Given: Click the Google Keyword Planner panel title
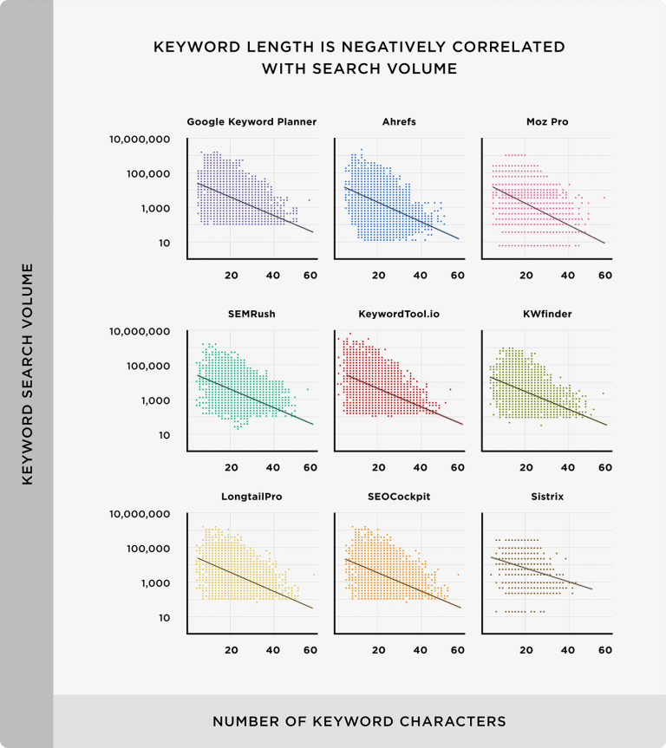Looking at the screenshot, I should (x=251, y=122).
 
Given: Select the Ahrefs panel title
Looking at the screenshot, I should (x=398, y=122).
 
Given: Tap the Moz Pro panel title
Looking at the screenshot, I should (x=546, y=122).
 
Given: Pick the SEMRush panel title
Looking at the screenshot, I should (x=251, y=314).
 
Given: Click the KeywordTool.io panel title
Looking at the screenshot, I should (x=398, y=314).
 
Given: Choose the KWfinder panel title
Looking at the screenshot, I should (x=546, y=314).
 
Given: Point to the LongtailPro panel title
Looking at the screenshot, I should (x=251, y=496).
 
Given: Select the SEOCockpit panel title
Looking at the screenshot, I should (x=398, y=496).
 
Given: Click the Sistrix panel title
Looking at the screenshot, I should (x=546, y=496).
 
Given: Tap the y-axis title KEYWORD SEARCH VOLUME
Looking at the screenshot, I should (x=27, y=374).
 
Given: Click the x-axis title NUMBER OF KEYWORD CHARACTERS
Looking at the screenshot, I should (x=359, y=721).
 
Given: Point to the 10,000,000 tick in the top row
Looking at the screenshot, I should (x=140, y=140).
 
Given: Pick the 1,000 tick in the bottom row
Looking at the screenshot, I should (x=155, y=583).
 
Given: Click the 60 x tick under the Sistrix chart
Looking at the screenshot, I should (x=605, y=650).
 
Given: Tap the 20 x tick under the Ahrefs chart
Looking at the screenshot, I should (x=378, y=276).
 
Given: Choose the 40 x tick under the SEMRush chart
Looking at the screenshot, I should (x=273, y=467).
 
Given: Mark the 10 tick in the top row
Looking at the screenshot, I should (x=163, y=244).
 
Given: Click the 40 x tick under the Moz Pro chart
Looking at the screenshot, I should (x=568, y=276).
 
